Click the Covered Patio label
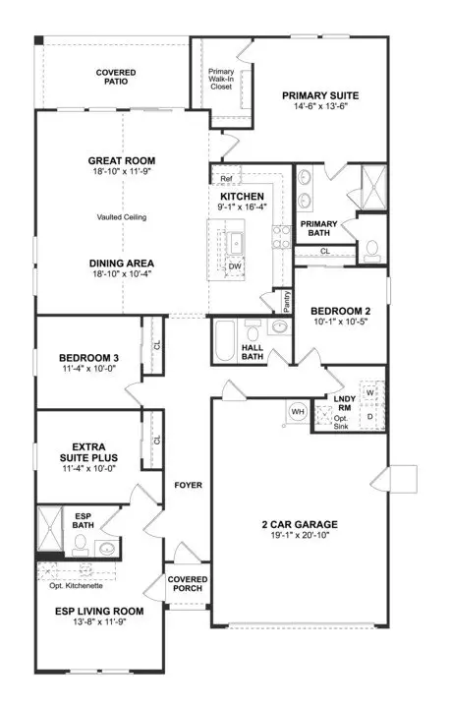116,77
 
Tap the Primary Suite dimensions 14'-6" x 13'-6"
320,106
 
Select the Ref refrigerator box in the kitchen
226,179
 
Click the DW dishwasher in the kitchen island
235,266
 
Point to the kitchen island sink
236,243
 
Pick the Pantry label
287,301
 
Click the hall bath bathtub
225,340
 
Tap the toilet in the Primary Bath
372,252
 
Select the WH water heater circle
298,412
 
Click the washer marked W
370,392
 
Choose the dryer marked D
370,417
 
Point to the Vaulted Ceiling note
122,217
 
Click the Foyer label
188,485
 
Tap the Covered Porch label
188,584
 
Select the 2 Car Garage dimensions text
300,536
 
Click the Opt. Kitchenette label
77,586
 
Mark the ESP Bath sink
107,548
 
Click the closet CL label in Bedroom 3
157,345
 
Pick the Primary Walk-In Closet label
221,79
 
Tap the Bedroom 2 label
341,311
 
